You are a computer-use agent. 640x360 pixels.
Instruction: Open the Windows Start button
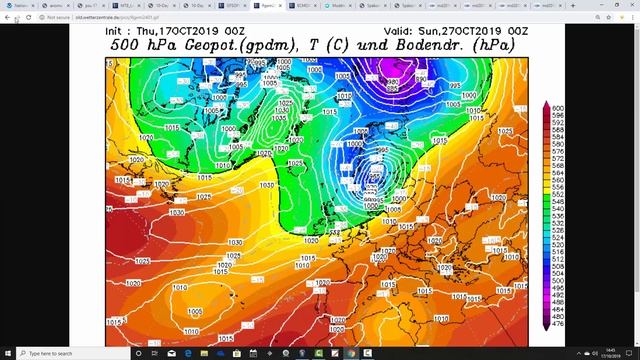tap(8, 353)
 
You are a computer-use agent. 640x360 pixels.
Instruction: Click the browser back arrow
tap(7, 17)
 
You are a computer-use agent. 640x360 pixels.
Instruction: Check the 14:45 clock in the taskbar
tap(612, 350)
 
